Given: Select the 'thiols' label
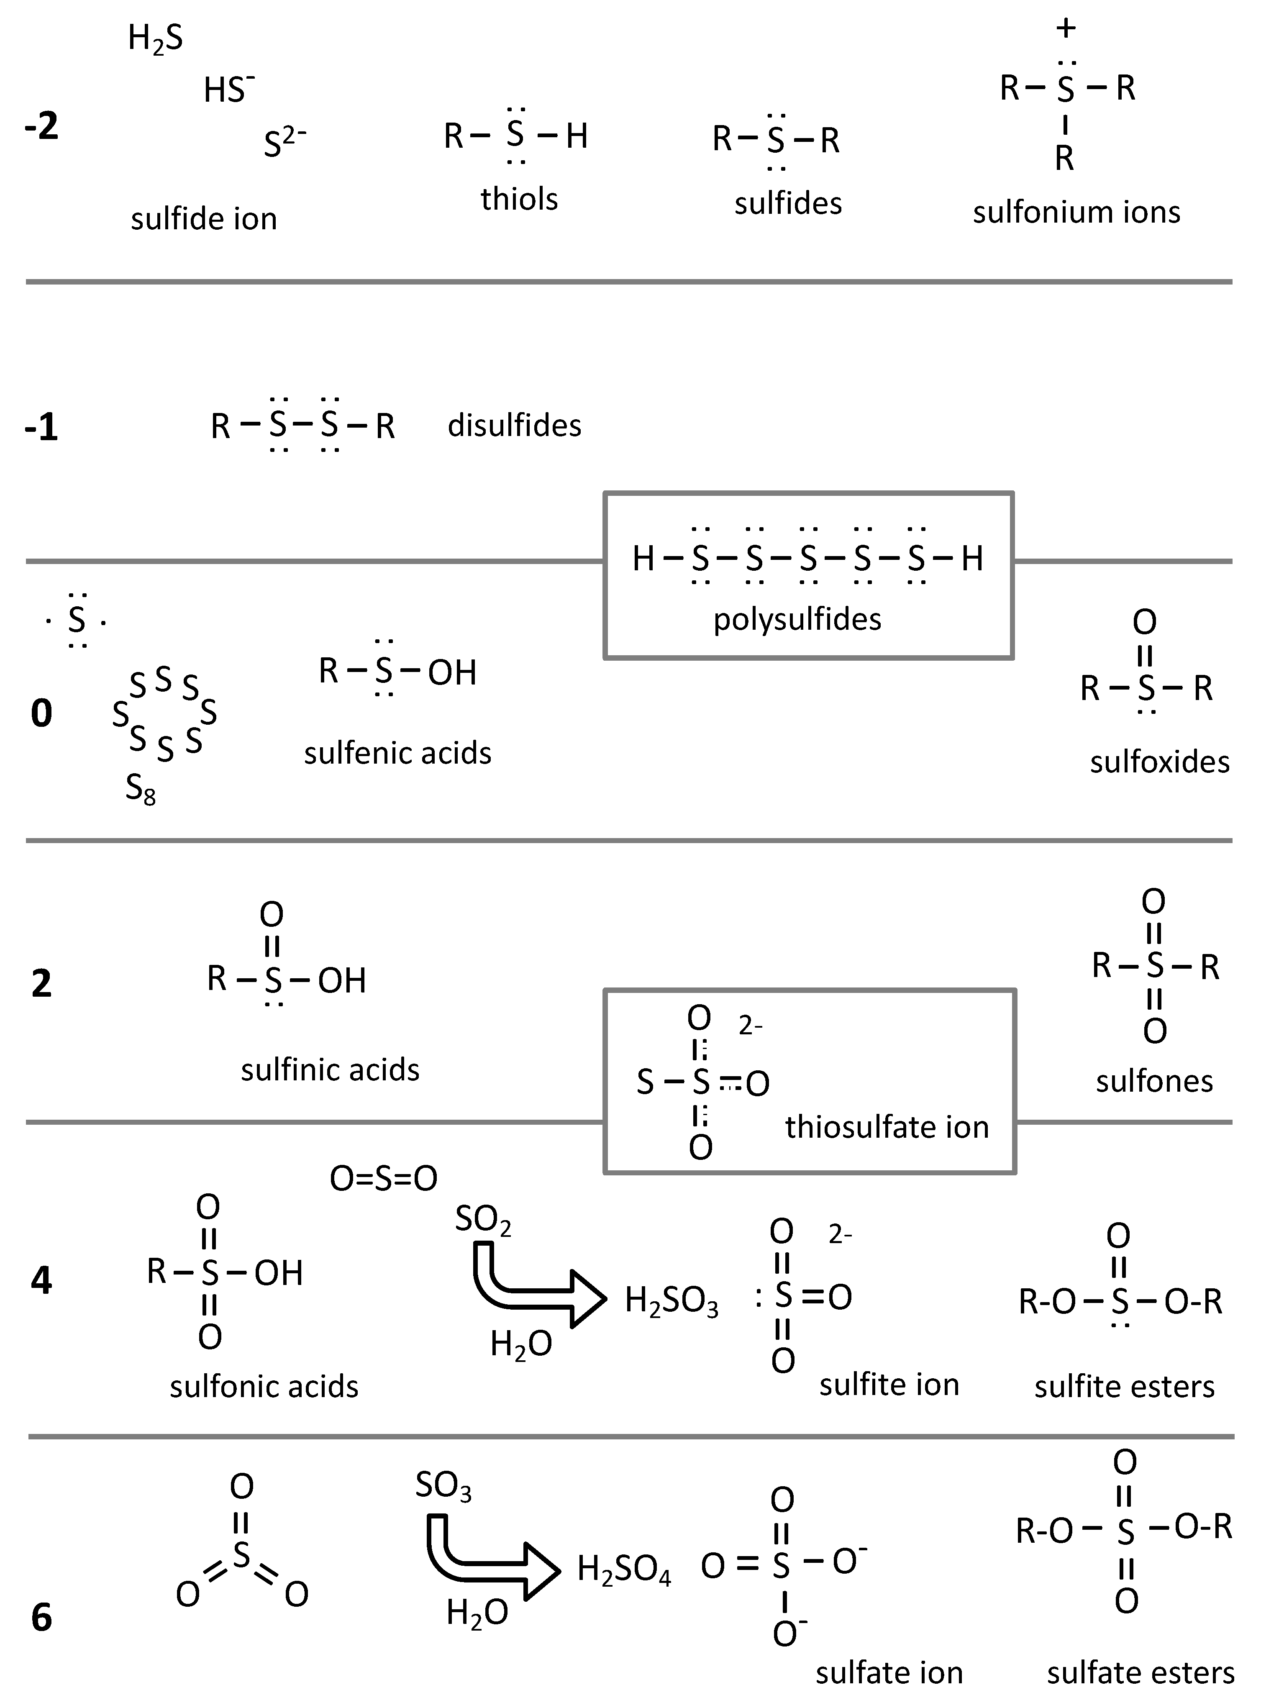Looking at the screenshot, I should point(519,199).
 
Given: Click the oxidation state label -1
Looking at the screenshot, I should point(41,427).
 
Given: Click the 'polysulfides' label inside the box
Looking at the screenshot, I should point(797,619).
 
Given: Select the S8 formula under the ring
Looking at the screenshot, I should point(141,788).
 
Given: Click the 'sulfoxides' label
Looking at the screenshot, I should point(1159,762).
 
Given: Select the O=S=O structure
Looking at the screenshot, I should point(383,1179).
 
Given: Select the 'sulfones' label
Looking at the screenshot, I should point(1154,1082).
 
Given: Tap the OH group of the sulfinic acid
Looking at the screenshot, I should point(342,981).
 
